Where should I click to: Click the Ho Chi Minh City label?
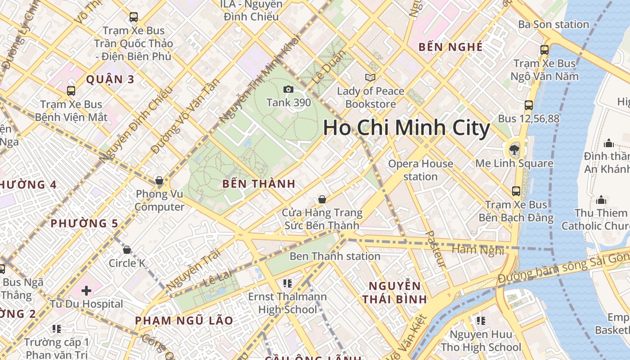pyautogui.click(x=406, y=128)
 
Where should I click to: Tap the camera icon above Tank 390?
pyautogui.click(x=288, y=90)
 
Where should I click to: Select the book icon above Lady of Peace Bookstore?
pyautogui.click(x=370, y=78)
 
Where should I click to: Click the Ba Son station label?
pyautogui.click(x=553, y=24)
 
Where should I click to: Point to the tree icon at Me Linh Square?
pyautogui.click(x=514, y=149)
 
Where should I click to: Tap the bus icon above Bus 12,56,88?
pyautogui.click(x=529, y=105)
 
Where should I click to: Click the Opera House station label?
pyautogui.click(x=420, y=170)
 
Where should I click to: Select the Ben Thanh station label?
pyautogui.click(x=335, y=256)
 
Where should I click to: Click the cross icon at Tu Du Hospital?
pyautogui.click(x=86, y=291)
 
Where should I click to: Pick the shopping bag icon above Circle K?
pyautogui.click(x=127, y=250)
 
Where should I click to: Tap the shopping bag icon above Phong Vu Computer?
pyautogui.click(x=159, y=181)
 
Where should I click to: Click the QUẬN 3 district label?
pyautogui.click(x=110, y=80)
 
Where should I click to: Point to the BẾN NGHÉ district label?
pyautogui.click(x=450, y=47)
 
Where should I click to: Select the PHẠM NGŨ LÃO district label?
pyautogui.click(x=184, y=320)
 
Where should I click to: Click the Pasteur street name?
pyautogui.click(x=436, y=250)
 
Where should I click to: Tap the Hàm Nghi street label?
pyautogui.click(x=477, y=250)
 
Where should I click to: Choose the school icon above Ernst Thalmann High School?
pyautogui.click(x=288, y=283)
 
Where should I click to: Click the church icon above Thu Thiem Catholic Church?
pyautogui.click(x=601, y=200)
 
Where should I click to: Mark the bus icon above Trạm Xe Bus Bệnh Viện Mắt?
pyautogui.click(x=71, y=91)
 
